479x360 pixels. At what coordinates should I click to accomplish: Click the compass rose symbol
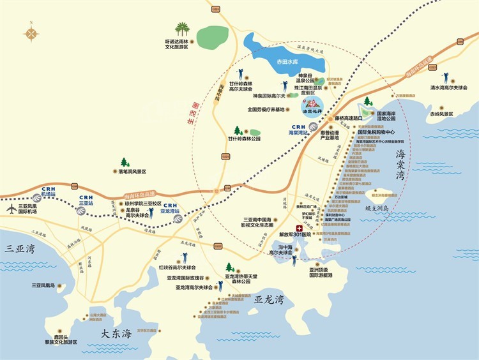tap(31, 34)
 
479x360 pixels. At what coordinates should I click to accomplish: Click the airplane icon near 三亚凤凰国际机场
tap(11, 209)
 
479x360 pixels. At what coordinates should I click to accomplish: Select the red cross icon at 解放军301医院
tap(298, 228)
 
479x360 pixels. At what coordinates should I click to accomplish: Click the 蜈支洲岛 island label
tap(381, 209)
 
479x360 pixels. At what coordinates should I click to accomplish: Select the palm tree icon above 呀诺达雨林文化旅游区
tap(183, 29)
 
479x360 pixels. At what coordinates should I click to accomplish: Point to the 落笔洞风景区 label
tap(131, 172)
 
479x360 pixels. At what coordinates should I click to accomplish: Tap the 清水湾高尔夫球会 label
tap(448, 87)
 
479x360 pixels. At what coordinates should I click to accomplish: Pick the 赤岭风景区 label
tap(441, 114)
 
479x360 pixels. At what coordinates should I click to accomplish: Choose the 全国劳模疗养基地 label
tap(270, 109)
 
